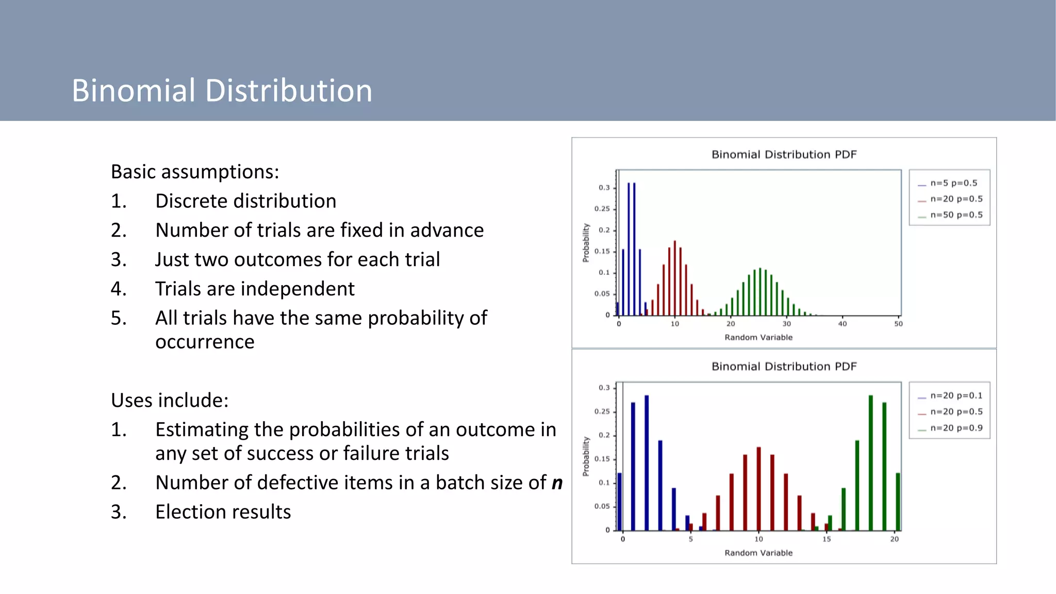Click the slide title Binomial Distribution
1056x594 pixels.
click(222, 91)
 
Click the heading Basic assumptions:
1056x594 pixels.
click(194, 172)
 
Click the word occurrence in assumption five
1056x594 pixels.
click(205, 342)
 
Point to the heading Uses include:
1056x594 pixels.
click(170, 400)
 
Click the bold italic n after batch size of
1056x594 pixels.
click(557, 483)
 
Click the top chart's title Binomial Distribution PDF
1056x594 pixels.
click(784, 155)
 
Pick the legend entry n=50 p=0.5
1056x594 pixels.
click(956, 215)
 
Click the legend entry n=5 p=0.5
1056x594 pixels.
click(953, 183)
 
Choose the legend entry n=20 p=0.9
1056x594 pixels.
click(956, 428)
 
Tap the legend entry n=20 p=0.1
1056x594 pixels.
click(956, 395)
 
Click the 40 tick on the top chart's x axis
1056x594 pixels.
click(842, 324)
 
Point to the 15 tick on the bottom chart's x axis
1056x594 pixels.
click(827, 539)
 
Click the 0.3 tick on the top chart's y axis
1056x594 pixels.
click(604, 188)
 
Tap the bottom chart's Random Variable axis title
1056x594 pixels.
click(758, 553)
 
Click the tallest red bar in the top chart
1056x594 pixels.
click(674, 278)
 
